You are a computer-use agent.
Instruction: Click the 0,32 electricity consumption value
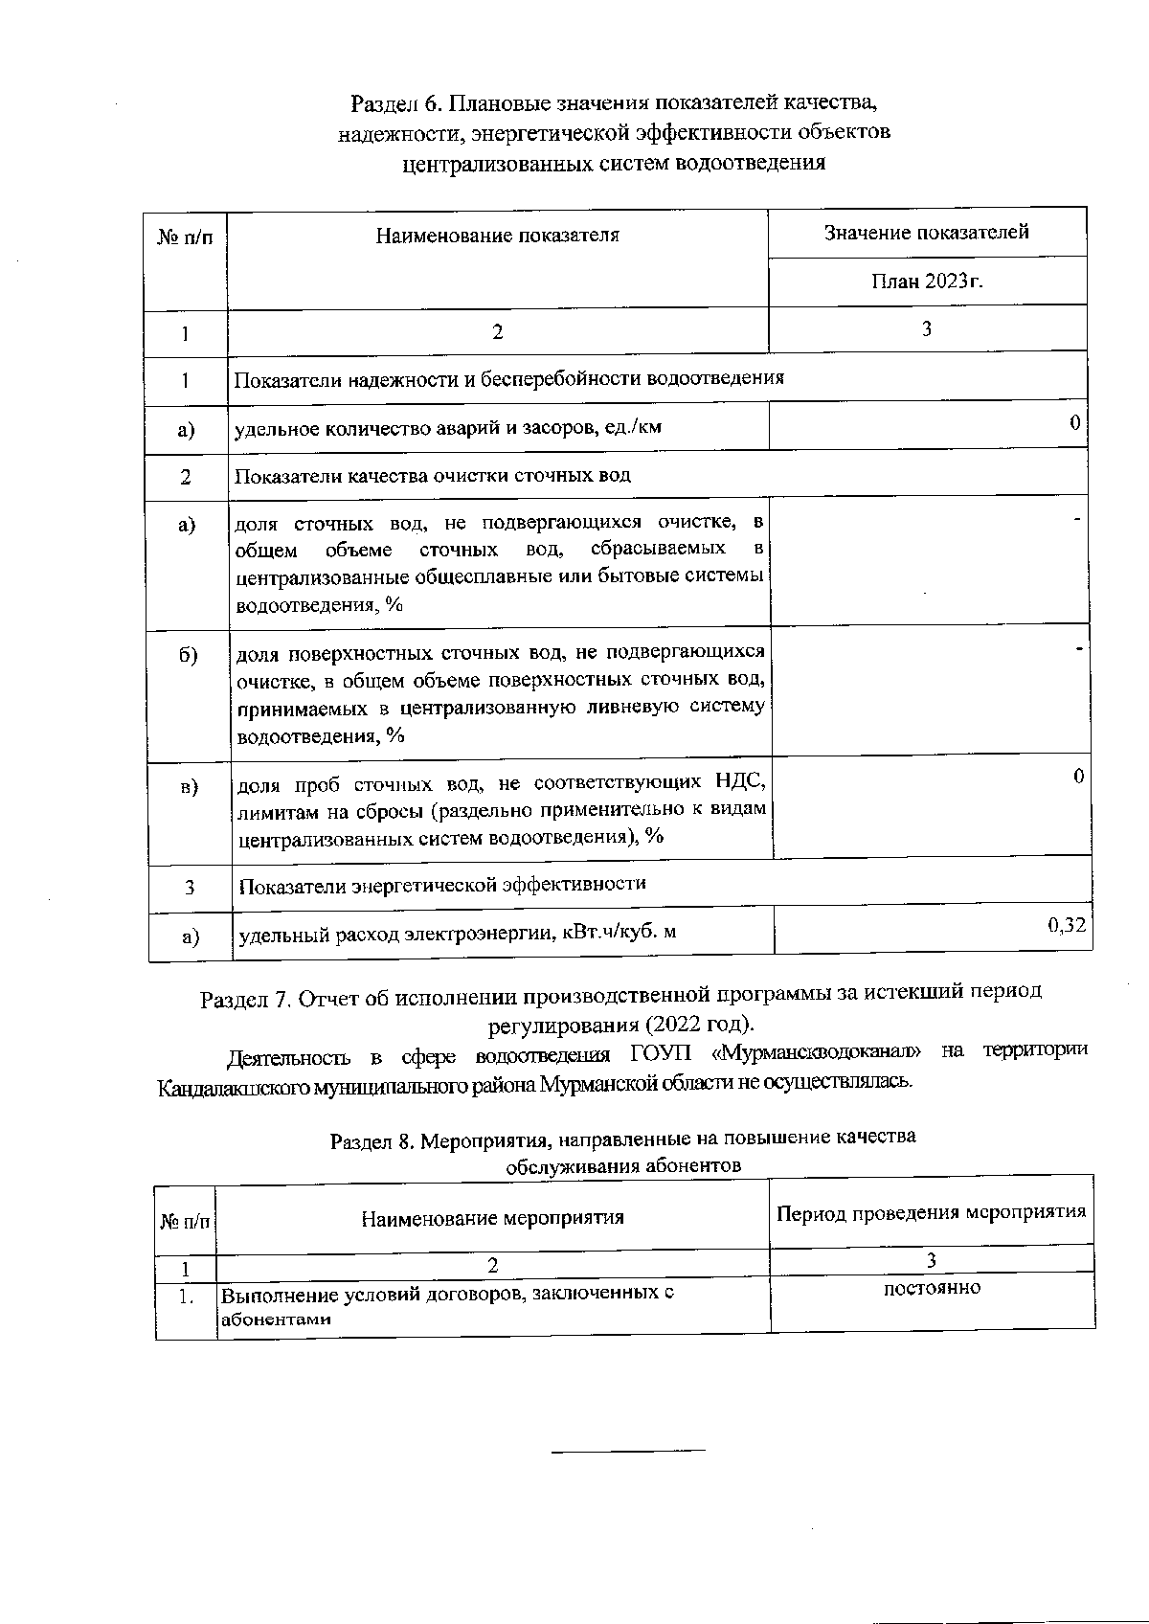pos(1067,925)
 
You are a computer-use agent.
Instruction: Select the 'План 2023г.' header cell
pos(927,282)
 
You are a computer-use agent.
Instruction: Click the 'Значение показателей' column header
pos(926,233)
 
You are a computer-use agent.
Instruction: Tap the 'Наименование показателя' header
pos(497,236)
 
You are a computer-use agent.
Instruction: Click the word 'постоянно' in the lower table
pos(932,1289)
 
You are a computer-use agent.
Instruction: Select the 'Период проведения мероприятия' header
pos(931,1212)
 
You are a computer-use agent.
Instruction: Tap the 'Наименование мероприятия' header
pos(492,1218)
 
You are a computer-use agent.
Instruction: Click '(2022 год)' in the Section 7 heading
pos(699,1025)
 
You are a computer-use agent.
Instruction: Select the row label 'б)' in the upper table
pos(188,655)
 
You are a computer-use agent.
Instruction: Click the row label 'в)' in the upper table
pos(189,786)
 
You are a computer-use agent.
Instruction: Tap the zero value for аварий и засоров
pos(1075,423)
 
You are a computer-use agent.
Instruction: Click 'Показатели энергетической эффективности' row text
pos(441,885)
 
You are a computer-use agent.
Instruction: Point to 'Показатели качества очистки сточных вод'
pos(433,476)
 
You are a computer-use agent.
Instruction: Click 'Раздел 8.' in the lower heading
pos(372,1141)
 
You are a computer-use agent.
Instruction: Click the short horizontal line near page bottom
pos(627,1452)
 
